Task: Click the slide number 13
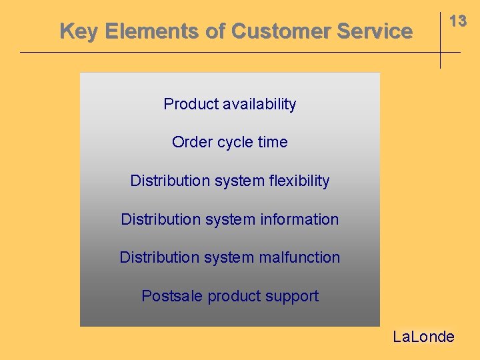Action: (x=457, y=21)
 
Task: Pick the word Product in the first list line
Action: (x=191, y=104)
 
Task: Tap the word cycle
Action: (x=235, y=143)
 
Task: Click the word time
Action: (x=273, y=142)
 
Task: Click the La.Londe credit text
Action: (x=423, y=337)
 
